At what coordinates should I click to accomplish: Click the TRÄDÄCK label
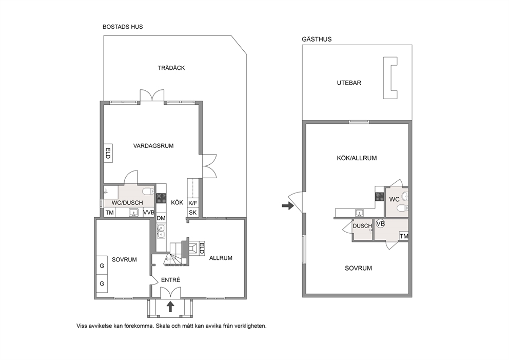pos(171,68)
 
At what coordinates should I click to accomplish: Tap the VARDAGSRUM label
pos(153,146)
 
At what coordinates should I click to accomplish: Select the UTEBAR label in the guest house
pos(349,83)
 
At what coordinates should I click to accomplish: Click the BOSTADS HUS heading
pos(123,27)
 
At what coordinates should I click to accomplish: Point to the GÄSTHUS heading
pos(317,40)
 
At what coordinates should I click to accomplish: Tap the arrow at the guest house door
pos(288,205)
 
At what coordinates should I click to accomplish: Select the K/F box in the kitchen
pos(193,203)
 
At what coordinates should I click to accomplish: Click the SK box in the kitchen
pos(193,213)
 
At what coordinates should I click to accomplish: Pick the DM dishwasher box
pos(161,218)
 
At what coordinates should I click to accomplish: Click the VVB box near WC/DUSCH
pos(149,213)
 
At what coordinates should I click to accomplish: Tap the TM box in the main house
pos(110,213)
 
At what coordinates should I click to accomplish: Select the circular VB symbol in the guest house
pos(380,224)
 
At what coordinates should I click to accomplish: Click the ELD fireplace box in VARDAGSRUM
pos(108,153)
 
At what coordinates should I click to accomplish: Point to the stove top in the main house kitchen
pos(161,198)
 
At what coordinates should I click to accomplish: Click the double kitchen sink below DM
pos(161,231)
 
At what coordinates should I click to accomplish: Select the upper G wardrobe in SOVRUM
pos(102,266)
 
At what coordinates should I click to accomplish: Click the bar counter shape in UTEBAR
pos(390,78)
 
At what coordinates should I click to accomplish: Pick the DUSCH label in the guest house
pos(362,226)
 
